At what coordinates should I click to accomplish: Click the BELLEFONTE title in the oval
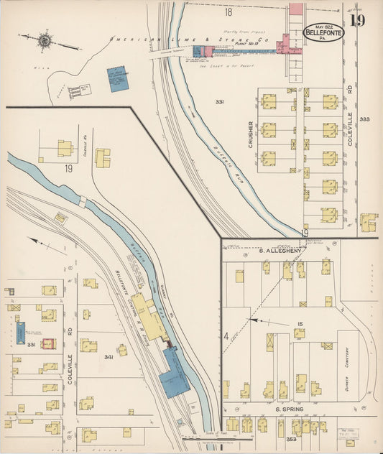324,32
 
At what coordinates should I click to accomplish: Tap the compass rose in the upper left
45,40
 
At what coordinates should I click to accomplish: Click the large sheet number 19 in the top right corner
357,21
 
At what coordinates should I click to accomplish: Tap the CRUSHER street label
251,134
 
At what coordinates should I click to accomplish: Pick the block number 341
109,356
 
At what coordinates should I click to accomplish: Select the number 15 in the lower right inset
298,324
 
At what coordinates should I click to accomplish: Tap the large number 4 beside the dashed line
226,335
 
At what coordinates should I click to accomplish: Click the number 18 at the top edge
229,12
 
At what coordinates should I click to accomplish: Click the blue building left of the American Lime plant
117,79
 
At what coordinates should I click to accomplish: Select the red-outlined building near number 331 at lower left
49,343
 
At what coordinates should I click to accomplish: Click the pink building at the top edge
295,10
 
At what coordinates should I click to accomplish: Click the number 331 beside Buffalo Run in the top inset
219,102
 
